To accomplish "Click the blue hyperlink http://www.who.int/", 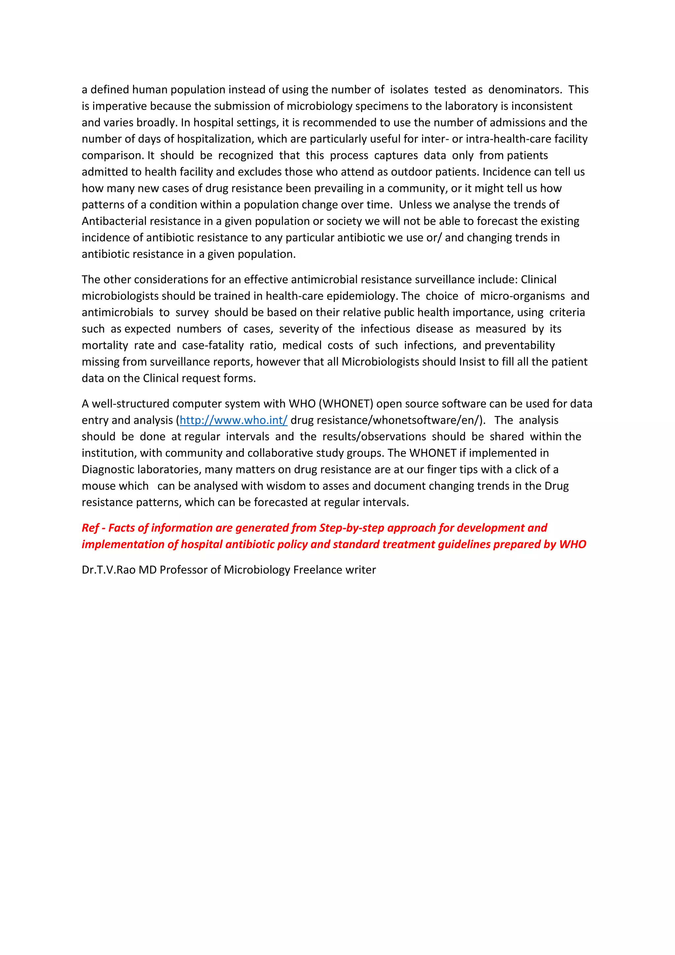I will pyautogui.click(x=233, y=420).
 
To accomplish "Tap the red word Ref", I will pyautogui.click(x=90, y=528).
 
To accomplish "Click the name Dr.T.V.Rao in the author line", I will pyautogui.click(x=108, y=570).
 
